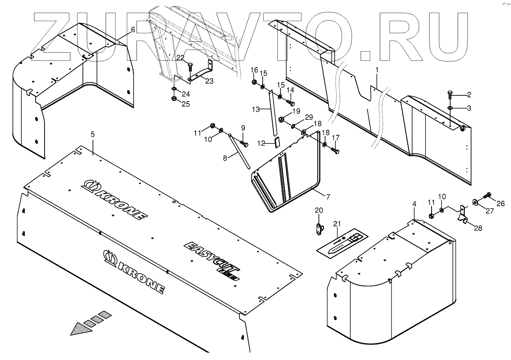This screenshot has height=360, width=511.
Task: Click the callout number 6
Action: pos(133,30)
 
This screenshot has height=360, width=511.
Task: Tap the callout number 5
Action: pos(93,134)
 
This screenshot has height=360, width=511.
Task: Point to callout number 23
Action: pos(209,81)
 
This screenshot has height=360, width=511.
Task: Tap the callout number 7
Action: pos(328,197)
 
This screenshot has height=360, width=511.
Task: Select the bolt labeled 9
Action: pos(244,143)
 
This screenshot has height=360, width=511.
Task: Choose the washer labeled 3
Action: pos(450,108)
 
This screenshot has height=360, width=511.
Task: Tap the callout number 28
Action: pos(478,228)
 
